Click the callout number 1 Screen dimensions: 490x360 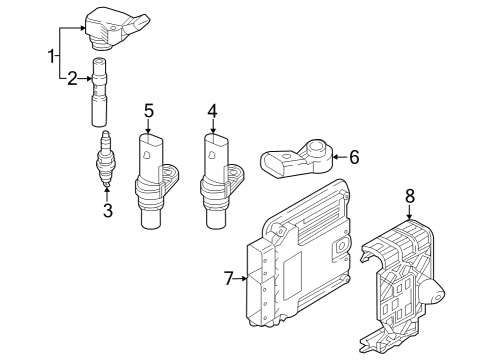[52, 56]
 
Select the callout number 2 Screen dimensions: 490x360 [72, 79]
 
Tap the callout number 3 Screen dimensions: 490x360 [108, 210]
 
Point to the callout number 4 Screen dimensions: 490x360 [213, 111]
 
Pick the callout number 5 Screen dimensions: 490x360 [149, 111]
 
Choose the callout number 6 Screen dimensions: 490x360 [354, 157]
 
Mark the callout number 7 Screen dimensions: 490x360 [228, 278]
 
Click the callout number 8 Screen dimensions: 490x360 [410, 196]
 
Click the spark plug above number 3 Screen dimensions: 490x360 [106, 158]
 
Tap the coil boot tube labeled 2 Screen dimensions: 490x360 [99, 92]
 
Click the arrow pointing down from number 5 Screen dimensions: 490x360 [148, 127]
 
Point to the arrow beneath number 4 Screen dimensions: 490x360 [213, 127]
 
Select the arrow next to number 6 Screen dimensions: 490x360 [340, 157]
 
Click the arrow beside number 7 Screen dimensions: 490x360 [241, 278]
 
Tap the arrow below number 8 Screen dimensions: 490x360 [410, 212]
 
